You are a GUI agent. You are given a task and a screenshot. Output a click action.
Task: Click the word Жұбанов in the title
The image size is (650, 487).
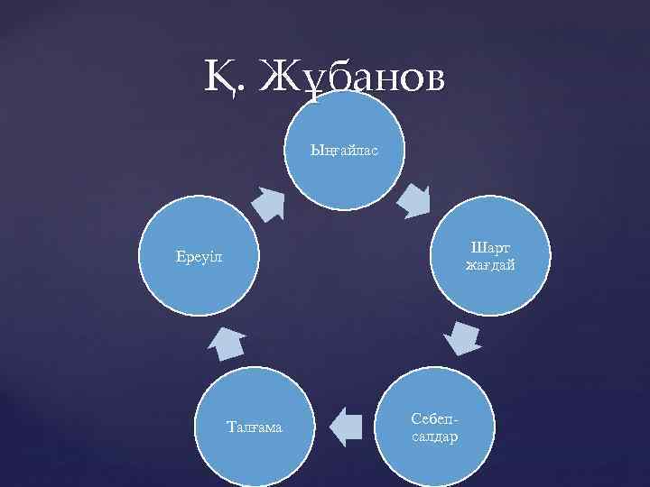[352, 78]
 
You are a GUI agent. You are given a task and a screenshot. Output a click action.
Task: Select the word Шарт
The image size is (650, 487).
[491, 246]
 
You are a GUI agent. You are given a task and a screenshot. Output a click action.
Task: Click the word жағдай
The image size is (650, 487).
[491, 264]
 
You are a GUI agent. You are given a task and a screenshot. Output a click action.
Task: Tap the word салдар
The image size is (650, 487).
[434, 436]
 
